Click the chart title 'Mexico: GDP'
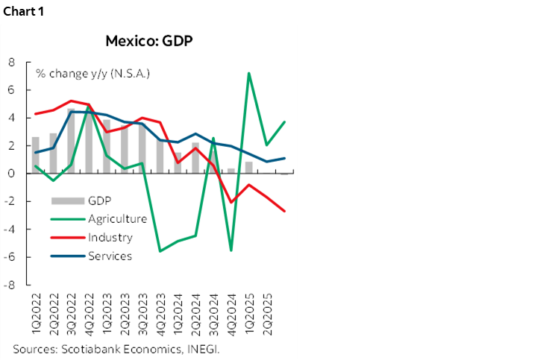point(149,41)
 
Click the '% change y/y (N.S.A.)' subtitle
point(93,73)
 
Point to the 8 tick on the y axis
point(11,62)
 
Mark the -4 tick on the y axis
point(10,230)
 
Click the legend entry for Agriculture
point(117,218)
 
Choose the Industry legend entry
point(110,238)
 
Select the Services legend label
point(110,256)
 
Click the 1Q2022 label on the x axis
point(35,313)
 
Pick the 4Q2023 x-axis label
point(160,313)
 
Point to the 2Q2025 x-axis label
point(268,313)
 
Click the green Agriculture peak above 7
point(249,73)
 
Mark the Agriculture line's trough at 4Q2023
point(160,251)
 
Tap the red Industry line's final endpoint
point(285,211)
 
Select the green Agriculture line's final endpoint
point(285,122)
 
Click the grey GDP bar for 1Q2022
point(35,155)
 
